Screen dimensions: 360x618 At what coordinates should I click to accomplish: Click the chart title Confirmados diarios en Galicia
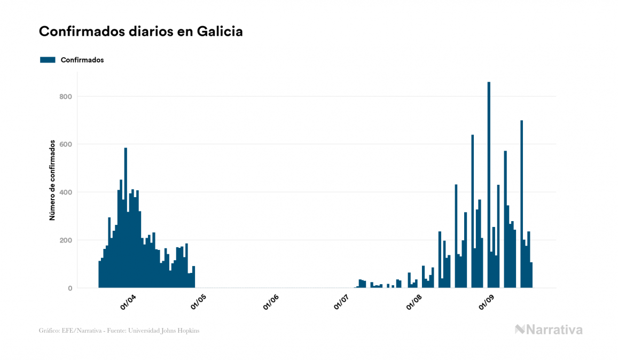pos(140,32)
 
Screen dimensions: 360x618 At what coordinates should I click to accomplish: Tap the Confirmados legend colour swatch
pos(48,60)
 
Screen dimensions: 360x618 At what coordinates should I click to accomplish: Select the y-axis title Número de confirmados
pos(52,180)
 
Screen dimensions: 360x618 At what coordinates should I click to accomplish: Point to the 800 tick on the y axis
pos(65,97)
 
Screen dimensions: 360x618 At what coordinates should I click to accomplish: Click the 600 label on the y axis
pos(65,144)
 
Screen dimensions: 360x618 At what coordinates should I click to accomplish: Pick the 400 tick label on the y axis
pos(65,192)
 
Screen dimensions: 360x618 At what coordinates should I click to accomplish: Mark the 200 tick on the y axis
pos(65,240)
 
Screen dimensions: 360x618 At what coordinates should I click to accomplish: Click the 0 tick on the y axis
pos(69,288)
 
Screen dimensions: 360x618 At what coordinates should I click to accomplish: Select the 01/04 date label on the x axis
pos(129,302)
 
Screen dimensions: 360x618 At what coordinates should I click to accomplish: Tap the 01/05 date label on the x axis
pos(198,302)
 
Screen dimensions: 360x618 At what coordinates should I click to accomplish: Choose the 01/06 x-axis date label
pos(271,302)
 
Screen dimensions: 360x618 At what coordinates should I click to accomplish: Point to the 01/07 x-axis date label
pos(341,302)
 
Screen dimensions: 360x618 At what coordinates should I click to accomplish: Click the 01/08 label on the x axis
pos(414,302)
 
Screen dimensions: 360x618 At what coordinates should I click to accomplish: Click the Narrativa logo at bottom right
pos(549,330)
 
